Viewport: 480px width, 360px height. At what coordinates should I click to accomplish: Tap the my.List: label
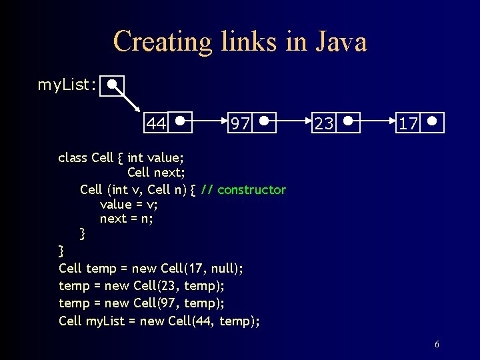[x=67, y=85]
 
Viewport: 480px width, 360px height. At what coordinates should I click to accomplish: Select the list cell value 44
[x=156, y=123]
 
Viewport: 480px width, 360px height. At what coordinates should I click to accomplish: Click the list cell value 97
[x=240, y=123]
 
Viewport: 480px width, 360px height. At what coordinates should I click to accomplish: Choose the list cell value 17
[x=408, y=123]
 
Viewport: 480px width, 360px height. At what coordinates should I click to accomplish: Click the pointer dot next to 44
[x=181, y=121]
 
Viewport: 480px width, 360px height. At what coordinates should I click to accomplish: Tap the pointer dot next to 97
[x=265, y=121]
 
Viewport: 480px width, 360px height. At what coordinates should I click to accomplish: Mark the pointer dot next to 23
[x=349, y=121]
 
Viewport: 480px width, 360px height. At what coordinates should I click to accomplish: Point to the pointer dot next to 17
[x=433, y=121]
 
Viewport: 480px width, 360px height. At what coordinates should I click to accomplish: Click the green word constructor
[x=251, y=189]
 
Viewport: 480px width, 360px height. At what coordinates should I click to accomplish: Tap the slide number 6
[x=437, y=345]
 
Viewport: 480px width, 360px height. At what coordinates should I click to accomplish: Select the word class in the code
[x=73, y=157]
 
